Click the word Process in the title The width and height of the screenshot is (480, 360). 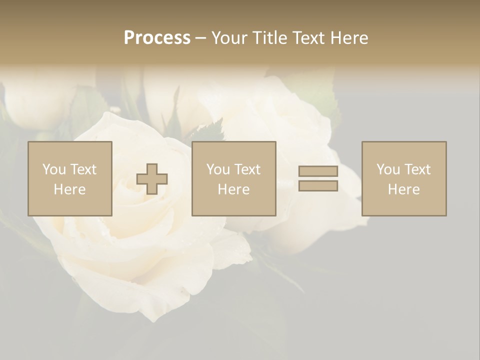[x=157, y=38]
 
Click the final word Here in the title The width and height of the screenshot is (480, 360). [x=348, y=38]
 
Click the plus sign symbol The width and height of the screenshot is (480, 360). [x=152, y=179]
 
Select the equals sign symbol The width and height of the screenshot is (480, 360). [x=318, y=178]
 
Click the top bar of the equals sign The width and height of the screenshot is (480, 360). [x=318, y=171]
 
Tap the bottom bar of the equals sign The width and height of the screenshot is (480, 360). [x=318, y=185]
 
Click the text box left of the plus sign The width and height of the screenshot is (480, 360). [x=70, y=178]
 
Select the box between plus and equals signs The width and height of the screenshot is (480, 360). [x=234, y=178]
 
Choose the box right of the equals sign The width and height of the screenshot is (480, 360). [x=404, y=178]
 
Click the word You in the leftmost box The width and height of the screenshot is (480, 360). [x=54, y=169]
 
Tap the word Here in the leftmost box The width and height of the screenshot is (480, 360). [x=70, y=189]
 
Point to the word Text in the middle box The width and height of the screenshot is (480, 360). [x=247, y=169]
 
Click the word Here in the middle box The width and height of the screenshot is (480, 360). [x=234, y=189]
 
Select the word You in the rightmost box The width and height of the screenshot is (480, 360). [x=388, y=169]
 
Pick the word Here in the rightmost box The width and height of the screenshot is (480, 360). [x=404, y=189]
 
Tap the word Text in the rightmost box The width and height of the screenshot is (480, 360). [x=417, y=169]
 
